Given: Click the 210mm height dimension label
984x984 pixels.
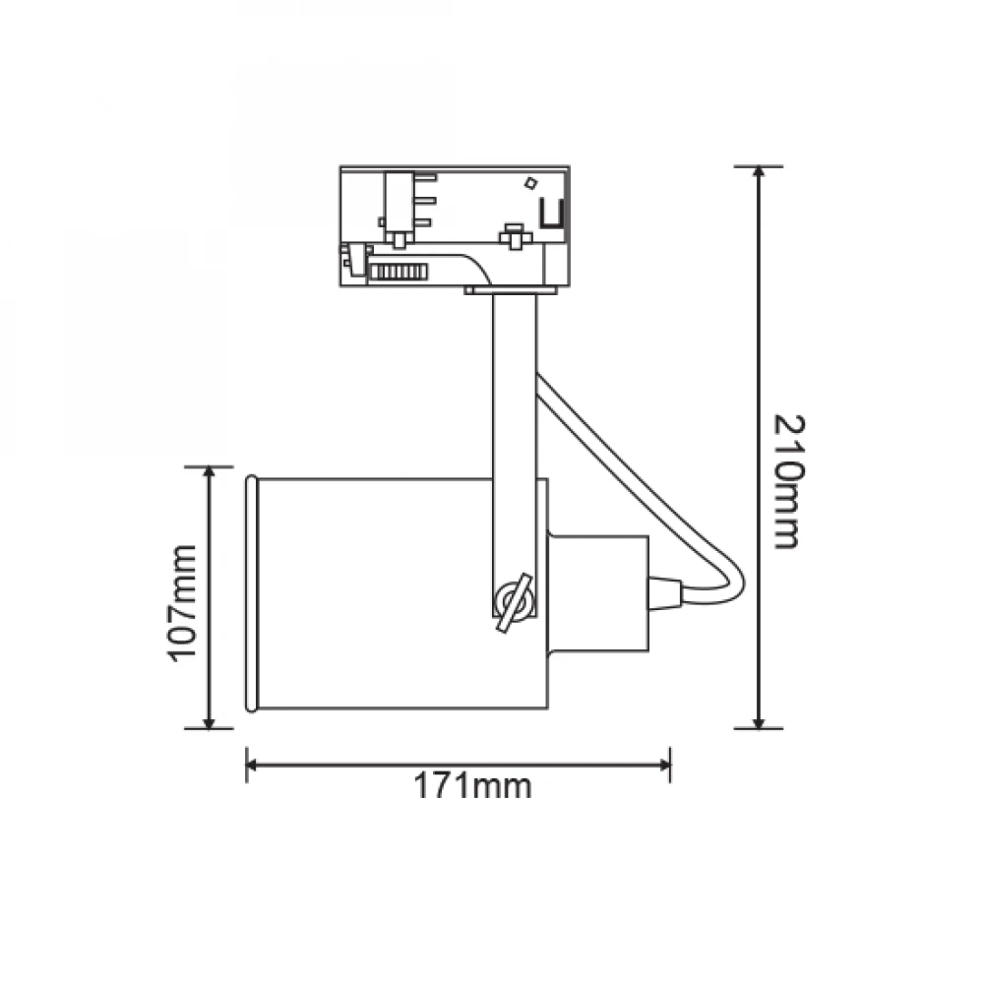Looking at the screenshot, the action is pyautogui.click(x=788, y=481).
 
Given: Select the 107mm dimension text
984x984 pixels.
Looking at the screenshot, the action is pyautogui.click(x=183, y=603).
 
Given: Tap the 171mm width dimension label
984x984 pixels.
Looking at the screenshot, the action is pyautogui.click(x=472, y=785).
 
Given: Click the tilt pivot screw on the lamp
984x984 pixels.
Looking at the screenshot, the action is pyautogui.click(x=514, y=602).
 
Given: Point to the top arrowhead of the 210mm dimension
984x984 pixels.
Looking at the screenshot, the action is pyautogui.click(x=759, y=175).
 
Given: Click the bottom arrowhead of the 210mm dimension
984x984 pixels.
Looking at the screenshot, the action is pyautogui.click(x=759, y=720).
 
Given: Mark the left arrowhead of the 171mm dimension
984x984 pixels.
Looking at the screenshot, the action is pyautogui.click(x=255, y=765).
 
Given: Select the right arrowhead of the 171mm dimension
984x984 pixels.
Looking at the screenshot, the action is pyautogui.click(x=661, y=765).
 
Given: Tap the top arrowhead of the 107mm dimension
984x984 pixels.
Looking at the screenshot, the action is pyautogui.click(x=209, y=475).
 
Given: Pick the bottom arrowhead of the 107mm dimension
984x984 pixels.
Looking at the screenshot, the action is pyautogui.click(x=209, y=720).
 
